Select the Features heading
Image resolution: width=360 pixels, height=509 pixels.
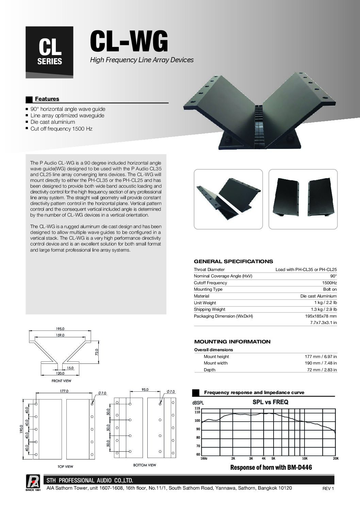click(x=47, y=99)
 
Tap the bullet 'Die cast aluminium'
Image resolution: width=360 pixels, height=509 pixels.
click(x=53, y=122)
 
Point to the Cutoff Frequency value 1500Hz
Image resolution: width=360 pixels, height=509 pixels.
click(x=329, y=283)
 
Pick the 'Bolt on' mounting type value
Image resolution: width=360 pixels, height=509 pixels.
click(x=330, y=289)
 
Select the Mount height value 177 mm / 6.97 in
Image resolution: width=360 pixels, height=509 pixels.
click(x=321, y=357)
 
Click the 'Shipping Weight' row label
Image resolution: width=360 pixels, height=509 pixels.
click(x=210, y=309)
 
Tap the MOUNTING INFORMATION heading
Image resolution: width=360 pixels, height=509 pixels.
click(x=232, y=342)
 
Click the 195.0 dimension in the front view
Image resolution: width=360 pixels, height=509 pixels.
click(x=60, y=329)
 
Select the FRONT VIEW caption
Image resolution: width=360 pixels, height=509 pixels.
click(x=61, y=381)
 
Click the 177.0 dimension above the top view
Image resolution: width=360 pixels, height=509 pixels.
click(x=64, y=391)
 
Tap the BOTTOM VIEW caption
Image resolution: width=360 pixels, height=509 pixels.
click(x=145, y=465)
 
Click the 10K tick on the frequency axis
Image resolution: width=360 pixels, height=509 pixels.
click(x=305, y=458)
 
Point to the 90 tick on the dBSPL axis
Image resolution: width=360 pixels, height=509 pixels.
click(x=198, y=429)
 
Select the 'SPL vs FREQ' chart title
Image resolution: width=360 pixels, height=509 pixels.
click(x=270, y=402)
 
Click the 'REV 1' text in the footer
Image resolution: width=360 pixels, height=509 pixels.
click(x=328, y=489)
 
